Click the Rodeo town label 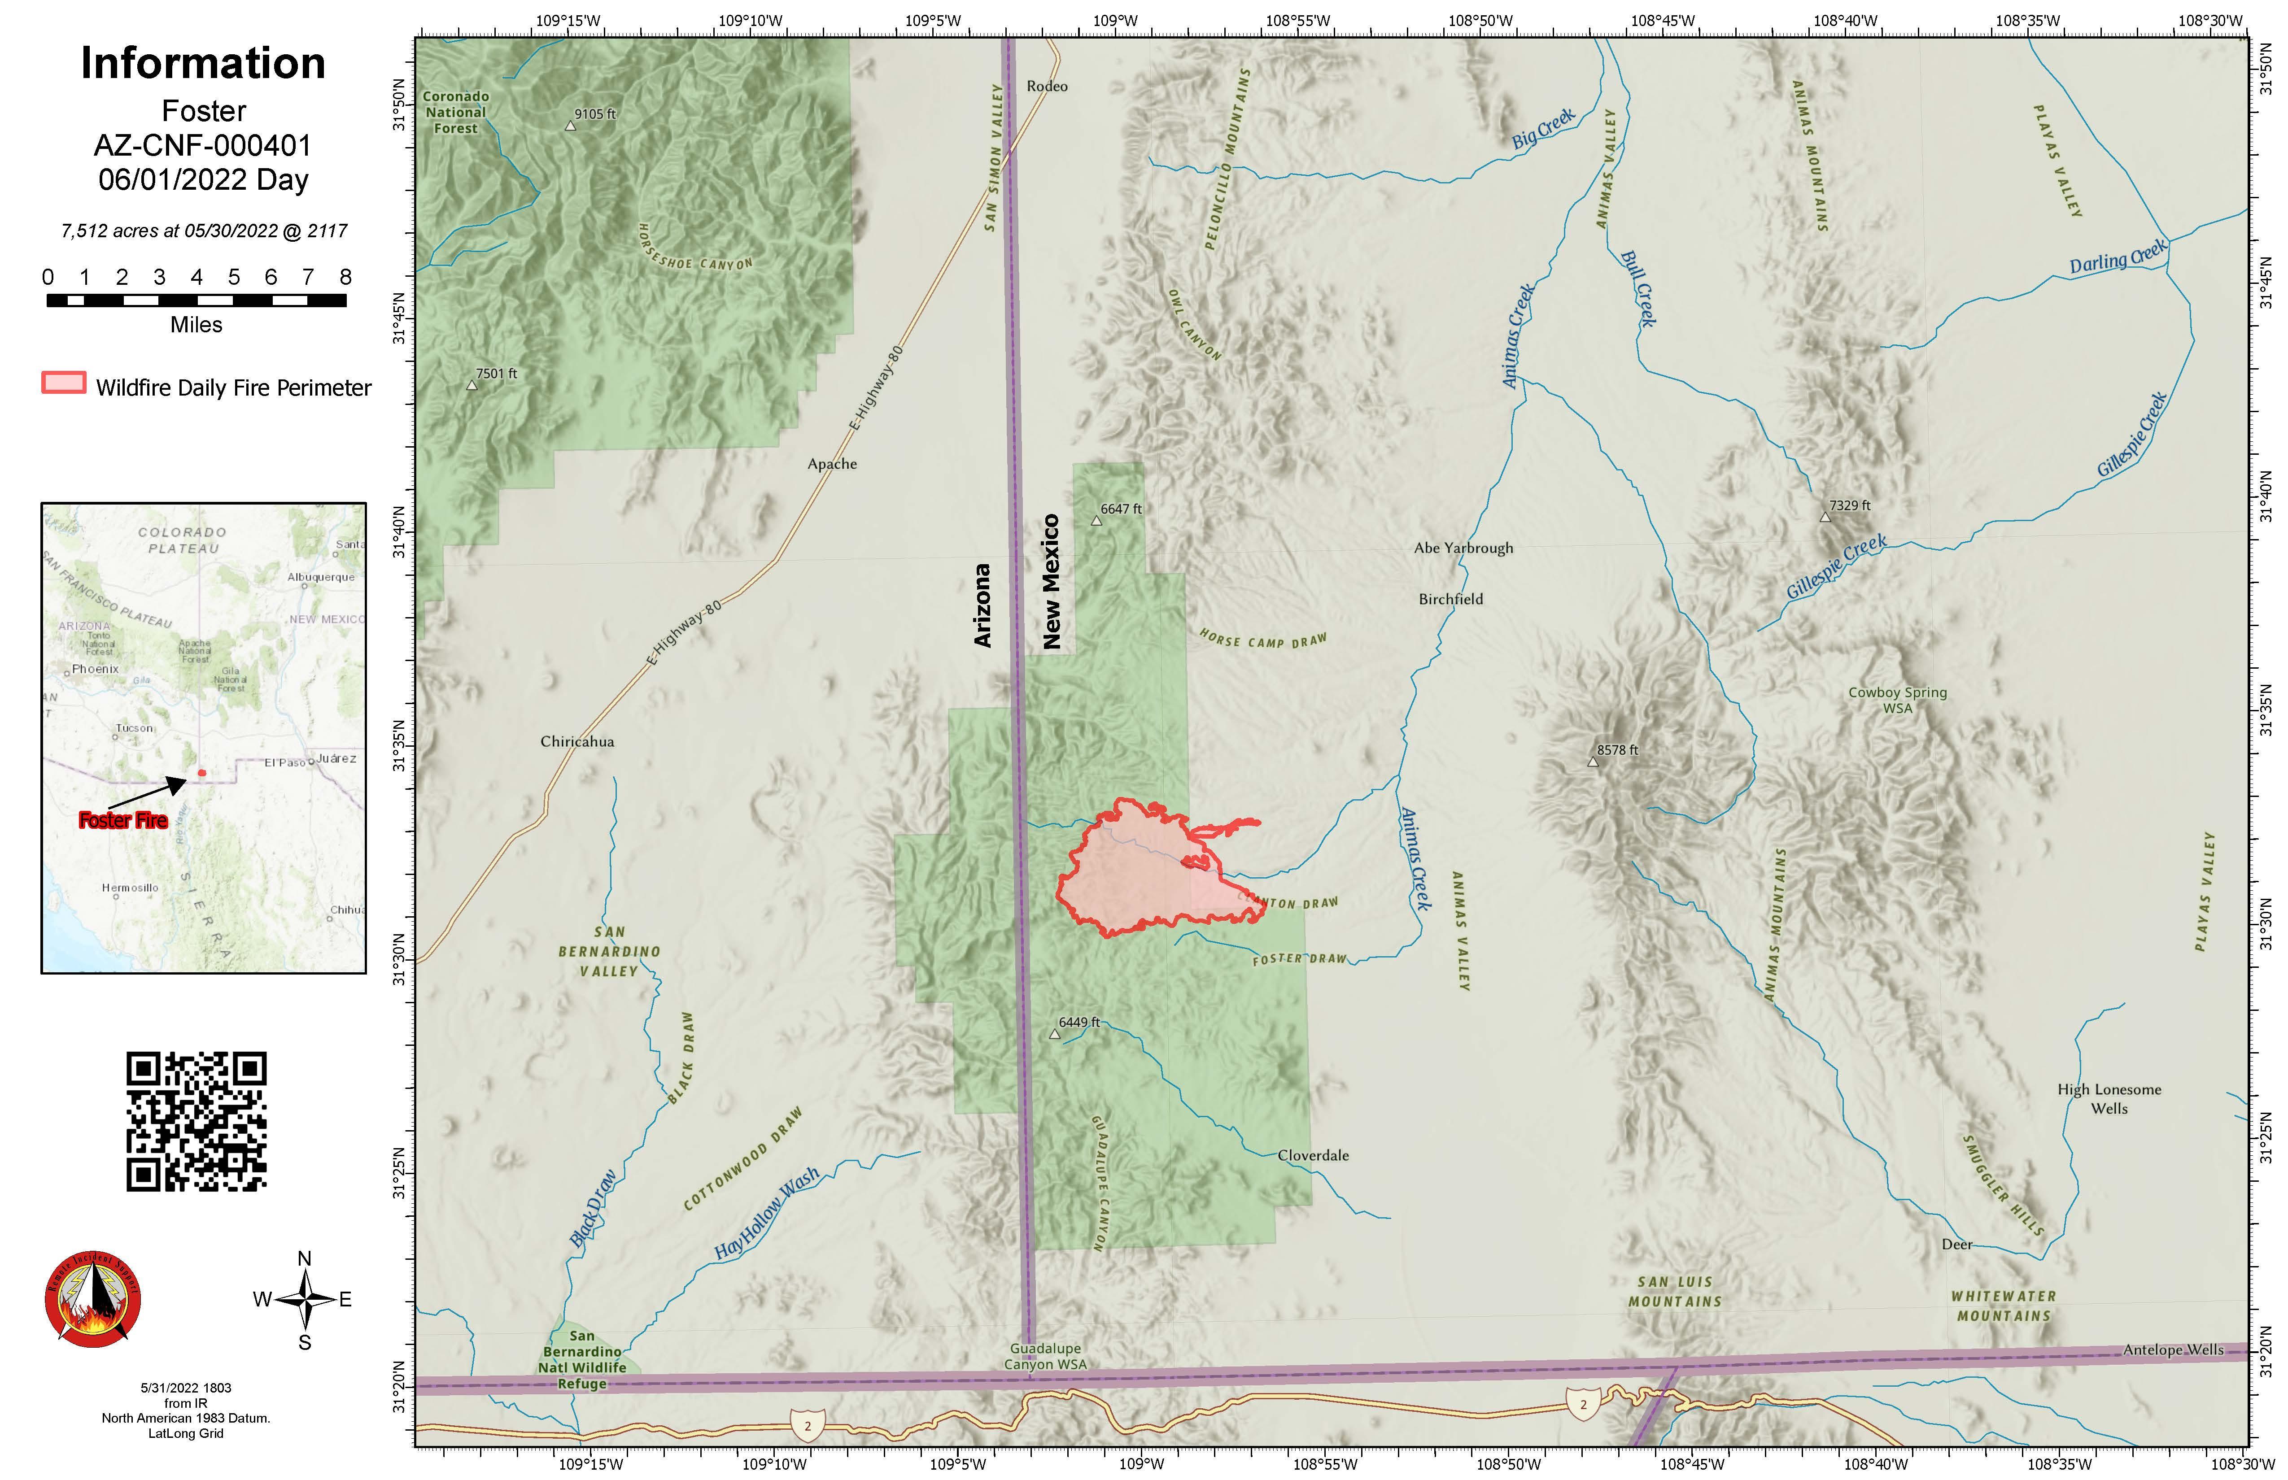point(1047,87)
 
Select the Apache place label point(832,464)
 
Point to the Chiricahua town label point(577,742)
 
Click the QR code point(196,1122)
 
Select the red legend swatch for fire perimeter point(63,383)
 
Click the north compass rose point(305,1299)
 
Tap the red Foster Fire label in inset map point(123,820)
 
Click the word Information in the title point(203,63)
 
